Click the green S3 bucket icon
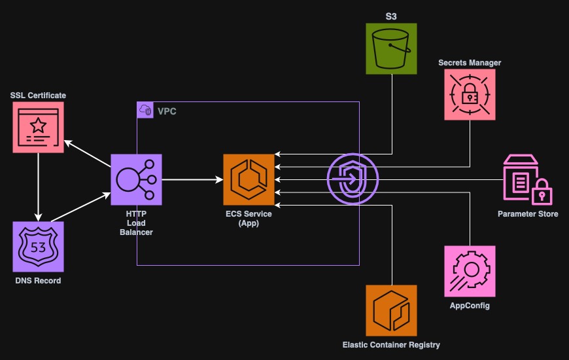391,48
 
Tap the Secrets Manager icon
470,95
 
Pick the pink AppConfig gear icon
470,271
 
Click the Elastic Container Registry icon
391,310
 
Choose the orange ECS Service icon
249,180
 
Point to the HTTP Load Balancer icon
136,180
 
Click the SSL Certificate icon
39,127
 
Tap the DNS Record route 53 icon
39,246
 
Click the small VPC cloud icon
145,111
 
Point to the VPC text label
167,112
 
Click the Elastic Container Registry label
391,345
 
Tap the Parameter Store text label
527,214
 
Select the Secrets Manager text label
470,63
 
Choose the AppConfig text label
470,306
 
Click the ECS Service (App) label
249,219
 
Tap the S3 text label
391,15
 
